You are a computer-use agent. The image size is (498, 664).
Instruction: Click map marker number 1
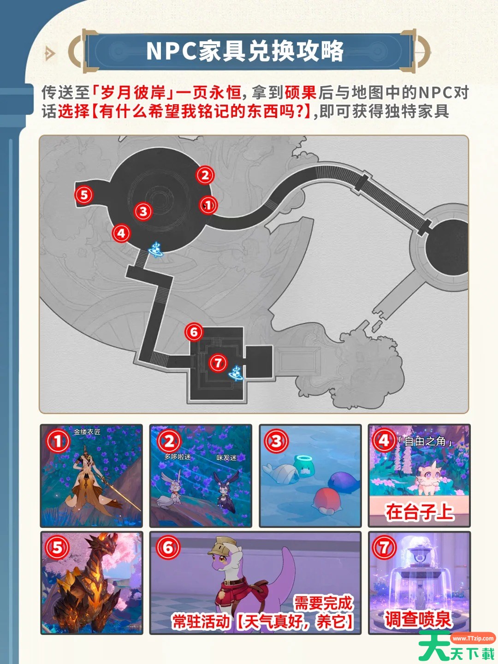[x=208, y=205]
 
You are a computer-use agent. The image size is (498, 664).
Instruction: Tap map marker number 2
[x=205, y=175]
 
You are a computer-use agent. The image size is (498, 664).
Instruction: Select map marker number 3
[x=143, y=211]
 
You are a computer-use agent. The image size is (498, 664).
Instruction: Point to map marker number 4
[x=121, y=233]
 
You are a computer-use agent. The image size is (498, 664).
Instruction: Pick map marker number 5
[x=84, y=195]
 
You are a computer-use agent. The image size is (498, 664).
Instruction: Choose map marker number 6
[x=194, y=332]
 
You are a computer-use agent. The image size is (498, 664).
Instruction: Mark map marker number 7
[x=218, y=363]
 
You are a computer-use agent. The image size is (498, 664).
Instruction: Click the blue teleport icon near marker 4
[x=156, y=249]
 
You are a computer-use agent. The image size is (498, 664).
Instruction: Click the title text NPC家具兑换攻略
[x=245, y=51]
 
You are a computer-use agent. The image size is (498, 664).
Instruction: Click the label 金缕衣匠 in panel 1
[x=87, y=432]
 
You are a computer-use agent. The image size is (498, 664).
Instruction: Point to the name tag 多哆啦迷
[x=177, y=456]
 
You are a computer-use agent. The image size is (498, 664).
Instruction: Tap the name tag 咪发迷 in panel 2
[x=226, y=458]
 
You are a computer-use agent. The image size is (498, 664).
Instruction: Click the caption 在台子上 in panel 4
[x=419, y=512]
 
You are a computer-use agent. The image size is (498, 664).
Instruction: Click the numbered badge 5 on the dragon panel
[x=57, y=548]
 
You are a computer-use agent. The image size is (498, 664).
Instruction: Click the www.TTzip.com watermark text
[x=473, y=638]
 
